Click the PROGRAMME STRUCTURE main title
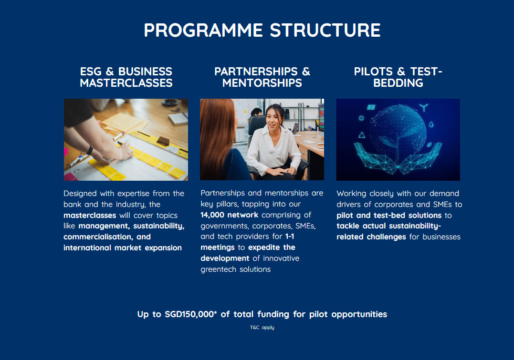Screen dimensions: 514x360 pyautogui.click(x=262, y=30)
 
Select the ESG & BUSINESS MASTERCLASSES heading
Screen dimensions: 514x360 pyautogui.click(x=126, y=77)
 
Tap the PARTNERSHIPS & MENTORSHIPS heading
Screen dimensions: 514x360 pyautogui.click(x=262, y=77)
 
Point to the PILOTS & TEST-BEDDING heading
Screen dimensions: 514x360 pyautogui.click(x=398, y=77)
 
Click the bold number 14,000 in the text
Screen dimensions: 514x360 pyautogui.click(x=212, y=215)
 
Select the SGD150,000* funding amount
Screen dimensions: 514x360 pyautogui.click(x=191, y=314)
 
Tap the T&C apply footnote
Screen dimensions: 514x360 pyautogui.click(x=262, y=327)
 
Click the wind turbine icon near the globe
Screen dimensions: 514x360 pyautogui.click(x=423, y=107)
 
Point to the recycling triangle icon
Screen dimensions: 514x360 pyautogui.click(x=362, y=135)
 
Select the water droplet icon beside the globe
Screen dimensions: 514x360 pyautogui.click(x=431, y=124)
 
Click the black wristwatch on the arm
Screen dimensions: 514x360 pyautogui.click(x=89, y=151)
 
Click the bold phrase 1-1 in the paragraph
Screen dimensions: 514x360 pyautogui.click(x=289, y=237)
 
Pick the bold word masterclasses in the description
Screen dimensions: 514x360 pyautogui.click(x=90, y=215)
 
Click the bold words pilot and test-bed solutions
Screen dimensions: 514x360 pyautogui.click(x=389, y=215)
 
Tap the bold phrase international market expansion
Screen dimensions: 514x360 pyautogui.click(x=123, y=247)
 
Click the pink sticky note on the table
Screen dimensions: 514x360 pyautogui.click(x=70, y=177)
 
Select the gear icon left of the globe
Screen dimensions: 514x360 pyautogui.click(x=361, y=118)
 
